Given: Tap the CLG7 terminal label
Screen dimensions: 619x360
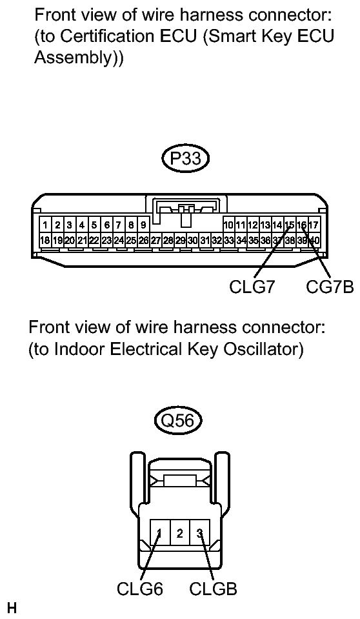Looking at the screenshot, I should click(252, 286).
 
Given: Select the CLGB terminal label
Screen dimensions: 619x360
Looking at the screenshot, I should click(213, 589).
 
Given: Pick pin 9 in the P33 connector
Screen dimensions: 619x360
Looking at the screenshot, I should click(143, 225).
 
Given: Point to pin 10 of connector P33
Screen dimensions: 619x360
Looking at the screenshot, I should click(228, 225).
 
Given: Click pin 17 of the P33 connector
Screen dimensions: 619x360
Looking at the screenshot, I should click(314, 225).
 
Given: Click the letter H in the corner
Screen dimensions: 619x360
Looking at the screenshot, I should click(10, 607).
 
